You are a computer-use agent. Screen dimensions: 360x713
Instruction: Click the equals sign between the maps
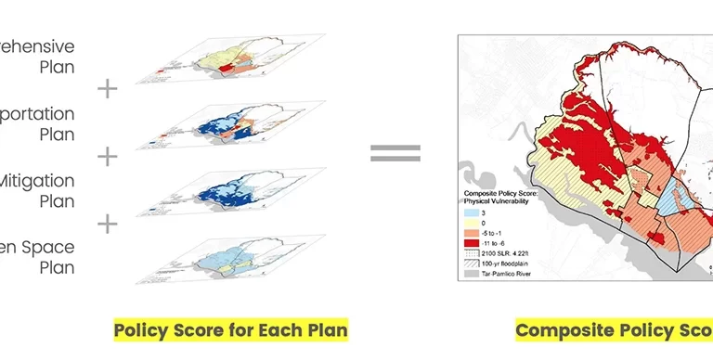click(395, 153)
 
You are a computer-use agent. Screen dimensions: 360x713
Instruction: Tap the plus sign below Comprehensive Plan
click(108, 89)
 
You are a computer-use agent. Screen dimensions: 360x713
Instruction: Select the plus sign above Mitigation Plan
click(108, 156)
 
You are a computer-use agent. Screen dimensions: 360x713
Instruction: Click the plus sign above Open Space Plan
click(108, 224)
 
